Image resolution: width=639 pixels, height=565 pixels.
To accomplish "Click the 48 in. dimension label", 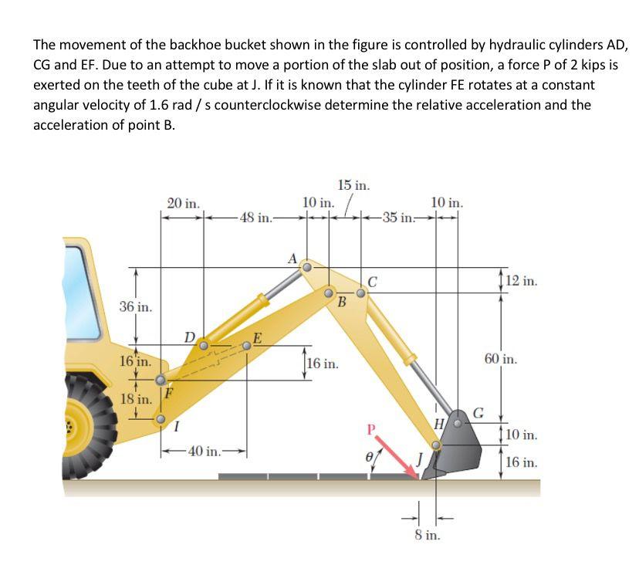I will [255, 218].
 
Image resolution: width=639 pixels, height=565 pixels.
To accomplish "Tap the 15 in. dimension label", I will [354, 184].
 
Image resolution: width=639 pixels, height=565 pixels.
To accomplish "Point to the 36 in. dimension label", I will [136, 307].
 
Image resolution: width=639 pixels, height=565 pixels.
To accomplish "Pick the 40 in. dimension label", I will [204, 451].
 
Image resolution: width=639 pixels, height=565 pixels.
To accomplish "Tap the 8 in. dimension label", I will [427, 535].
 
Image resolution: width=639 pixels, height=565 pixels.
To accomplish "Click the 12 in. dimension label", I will [522, 281].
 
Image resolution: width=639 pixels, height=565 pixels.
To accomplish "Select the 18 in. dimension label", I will [137, 399].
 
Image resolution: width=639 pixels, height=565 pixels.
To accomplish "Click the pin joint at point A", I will [306, 268].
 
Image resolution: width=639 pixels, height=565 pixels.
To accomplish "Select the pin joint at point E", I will [246, 346].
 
